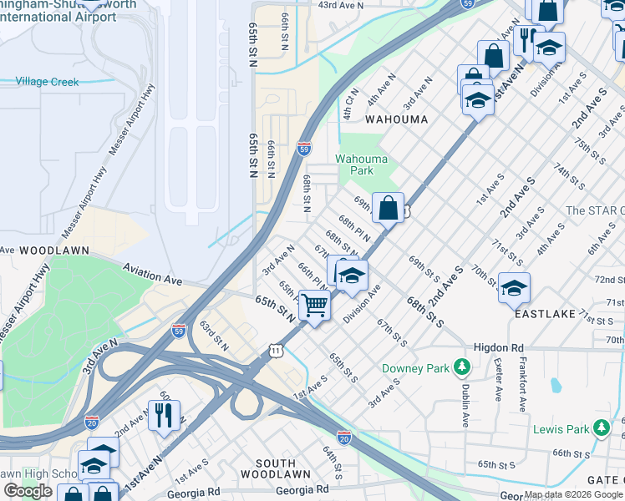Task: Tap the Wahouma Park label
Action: [x=354, y=164]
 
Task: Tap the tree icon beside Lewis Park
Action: [x=601, y=429]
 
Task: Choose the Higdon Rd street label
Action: [x=498, y=347]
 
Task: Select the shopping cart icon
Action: [x=314, y=306]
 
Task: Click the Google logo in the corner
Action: [x=28, y=491]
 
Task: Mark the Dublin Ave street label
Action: [x=464, y=392]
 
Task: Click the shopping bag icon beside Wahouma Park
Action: [x=389, y=208]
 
